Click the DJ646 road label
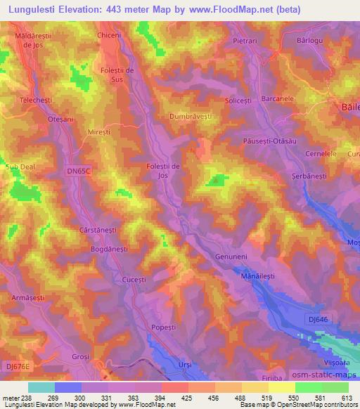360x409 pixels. [319, 319]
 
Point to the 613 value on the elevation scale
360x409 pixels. [347, 398]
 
